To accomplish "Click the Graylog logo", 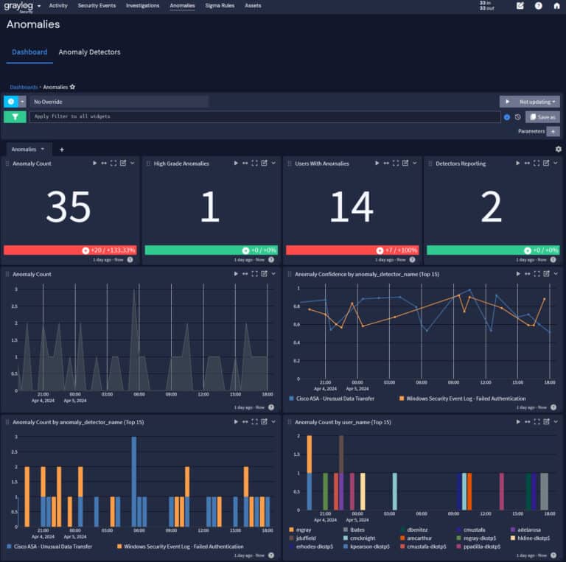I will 18,6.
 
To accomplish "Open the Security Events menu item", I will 97,5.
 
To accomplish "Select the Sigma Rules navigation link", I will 220,5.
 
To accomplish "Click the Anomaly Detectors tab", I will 89,52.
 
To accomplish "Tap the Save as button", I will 542,116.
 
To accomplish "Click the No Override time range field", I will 118,102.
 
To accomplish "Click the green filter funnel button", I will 15,116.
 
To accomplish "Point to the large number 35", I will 68,207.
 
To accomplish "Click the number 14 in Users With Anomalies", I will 351,207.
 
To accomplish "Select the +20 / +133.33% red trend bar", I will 70,250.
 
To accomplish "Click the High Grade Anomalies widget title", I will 181,164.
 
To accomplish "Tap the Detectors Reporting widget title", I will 461,164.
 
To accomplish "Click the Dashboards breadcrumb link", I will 24,87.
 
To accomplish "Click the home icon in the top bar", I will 556,6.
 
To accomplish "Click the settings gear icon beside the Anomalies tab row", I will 558,149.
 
